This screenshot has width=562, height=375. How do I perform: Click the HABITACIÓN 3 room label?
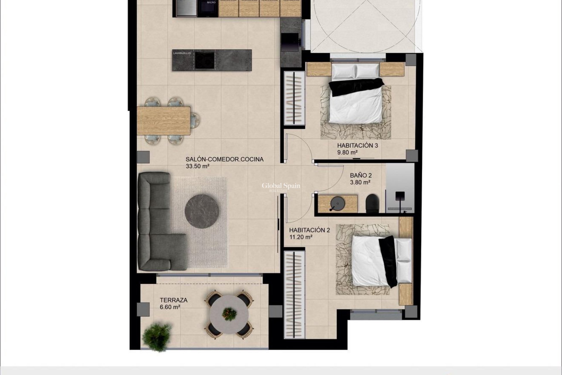(x=357, y=145)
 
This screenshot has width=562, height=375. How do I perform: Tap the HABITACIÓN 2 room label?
(x=309, y=230)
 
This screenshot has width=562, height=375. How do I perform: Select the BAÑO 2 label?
(x=361, y=175)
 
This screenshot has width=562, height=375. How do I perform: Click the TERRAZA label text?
(x=174, y=300)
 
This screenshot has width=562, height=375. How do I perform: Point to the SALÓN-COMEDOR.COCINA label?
(x=225, y=159)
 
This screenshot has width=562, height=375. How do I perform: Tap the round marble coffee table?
(x=202, y=211)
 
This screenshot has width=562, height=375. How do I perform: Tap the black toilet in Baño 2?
(x=372, y=203)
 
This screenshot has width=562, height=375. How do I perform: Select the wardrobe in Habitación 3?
(x=294, y=98)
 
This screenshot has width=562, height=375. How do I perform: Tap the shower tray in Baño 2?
(x=400, y=187)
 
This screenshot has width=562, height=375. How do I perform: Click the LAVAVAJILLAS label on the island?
(x=182, y=54)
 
